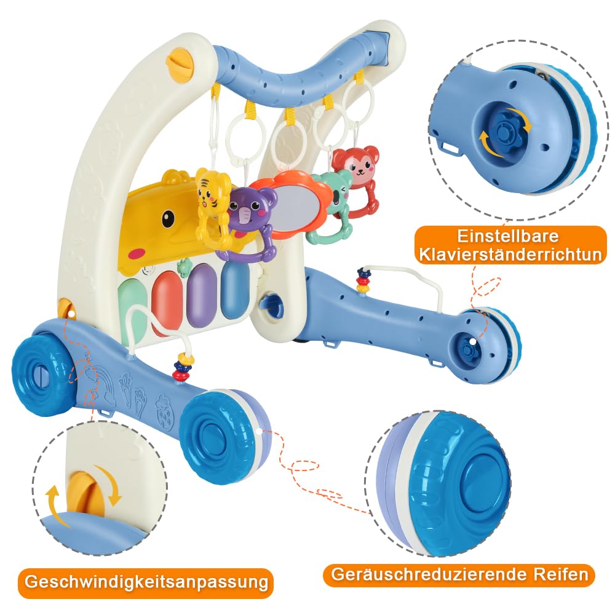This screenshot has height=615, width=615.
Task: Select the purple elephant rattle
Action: click(251, 224)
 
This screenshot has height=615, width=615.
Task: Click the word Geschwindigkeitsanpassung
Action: click(146, 581)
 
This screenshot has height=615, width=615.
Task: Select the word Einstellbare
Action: click(508, 236)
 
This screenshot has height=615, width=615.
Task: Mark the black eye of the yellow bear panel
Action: click(169, 218)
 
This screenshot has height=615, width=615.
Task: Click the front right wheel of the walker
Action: click(226, 435)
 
